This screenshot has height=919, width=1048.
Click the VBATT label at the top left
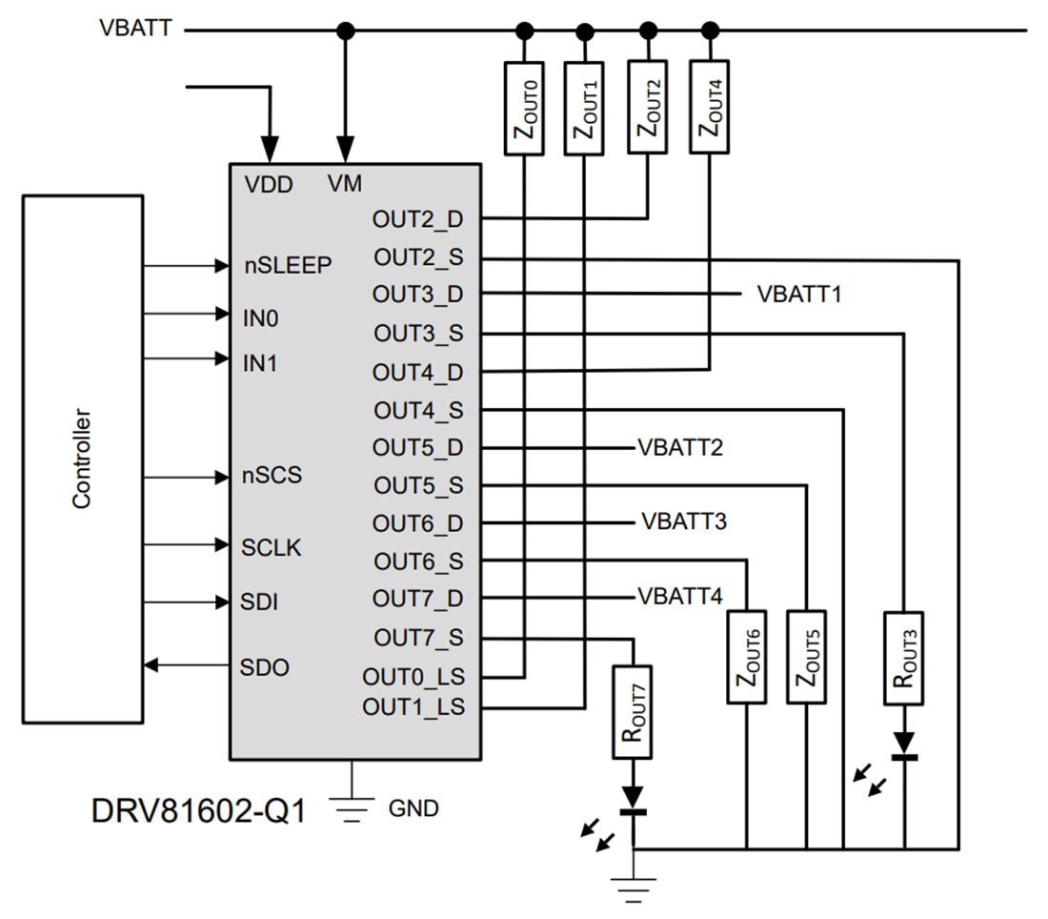(x=135, y=28)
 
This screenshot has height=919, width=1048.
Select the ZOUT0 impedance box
(x=524, y=108)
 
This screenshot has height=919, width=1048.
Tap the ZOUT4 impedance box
(x=711, y=108)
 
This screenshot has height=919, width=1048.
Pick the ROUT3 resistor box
(x=902, y=658)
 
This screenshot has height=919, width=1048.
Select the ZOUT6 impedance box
(x=747, y=657)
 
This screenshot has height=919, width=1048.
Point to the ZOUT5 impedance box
(x=806, y=657)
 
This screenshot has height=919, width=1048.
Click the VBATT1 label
(x=799, y=294)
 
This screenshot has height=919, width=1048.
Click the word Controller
(x=82, y=459)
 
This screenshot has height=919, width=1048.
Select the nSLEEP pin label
(x=288, y=266)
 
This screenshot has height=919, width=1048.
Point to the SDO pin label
(x=265, y=666)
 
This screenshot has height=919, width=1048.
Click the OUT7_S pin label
(x=418, y=636)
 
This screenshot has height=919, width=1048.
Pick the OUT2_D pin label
(x=418, y=218)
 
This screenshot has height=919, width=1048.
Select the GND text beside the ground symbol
(x=413, y=808)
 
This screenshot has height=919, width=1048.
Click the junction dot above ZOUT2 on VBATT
(x=648, y=31)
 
